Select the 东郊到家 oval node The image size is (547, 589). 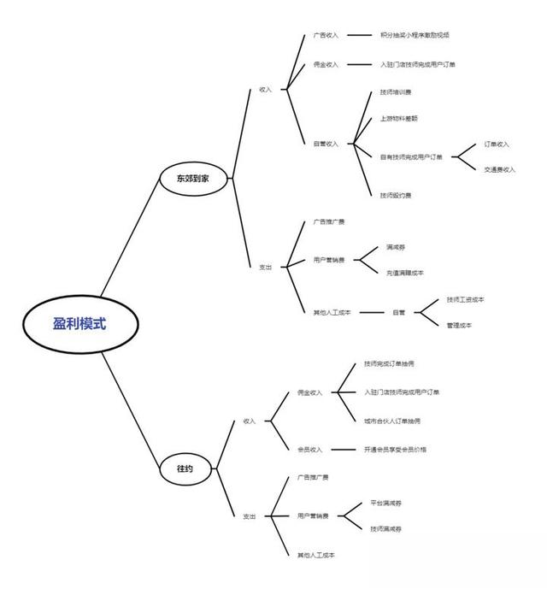(x=193, y=179)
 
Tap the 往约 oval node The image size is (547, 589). (x=186, y=468)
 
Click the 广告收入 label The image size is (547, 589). (x=326, y=35)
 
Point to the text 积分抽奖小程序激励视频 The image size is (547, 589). (x=414, y=35)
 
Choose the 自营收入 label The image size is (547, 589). (x=326, y=144)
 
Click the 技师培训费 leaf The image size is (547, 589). (x=396, y=91)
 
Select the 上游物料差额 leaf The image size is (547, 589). (x=399, y=118)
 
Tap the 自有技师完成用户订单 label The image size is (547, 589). (x=411, y=156)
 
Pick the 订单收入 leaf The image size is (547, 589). (x=497, y=144)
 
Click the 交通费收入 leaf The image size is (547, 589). (x=500, y=169)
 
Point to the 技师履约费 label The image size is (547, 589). (x=396, y=195)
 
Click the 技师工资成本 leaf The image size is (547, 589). (x=465, y=299)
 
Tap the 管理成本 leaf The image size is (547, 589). (x=459, y=325)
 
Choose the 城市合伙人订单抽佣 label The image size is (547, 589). (x=392, y=421)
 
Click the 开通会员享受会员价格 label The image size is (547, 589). (x=395, y=449)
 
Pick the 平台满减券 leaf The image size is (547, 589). (x=386, y=503)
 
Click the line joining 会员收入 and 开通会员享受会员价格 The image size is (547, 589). (x=342, y=449)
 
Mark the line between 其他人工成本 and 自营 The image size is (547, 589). (x=371, y=312)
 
